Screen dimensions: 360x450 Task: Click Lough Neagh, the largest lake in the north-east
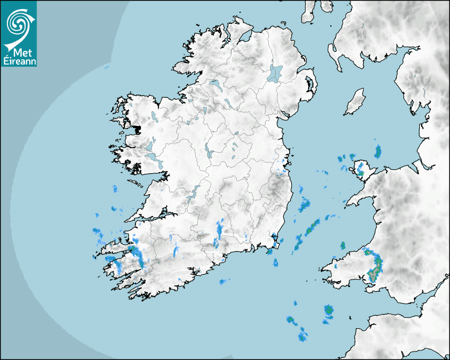click(x=275, y=73)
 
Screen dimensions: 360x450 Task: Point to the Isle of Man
click(x=355, y=102)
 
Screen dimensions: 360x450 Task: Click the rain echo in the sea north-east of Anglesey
click(x=377, y=152)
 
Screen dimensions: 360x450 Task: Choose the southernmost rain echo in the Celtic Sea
click(x=302, y=335)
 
